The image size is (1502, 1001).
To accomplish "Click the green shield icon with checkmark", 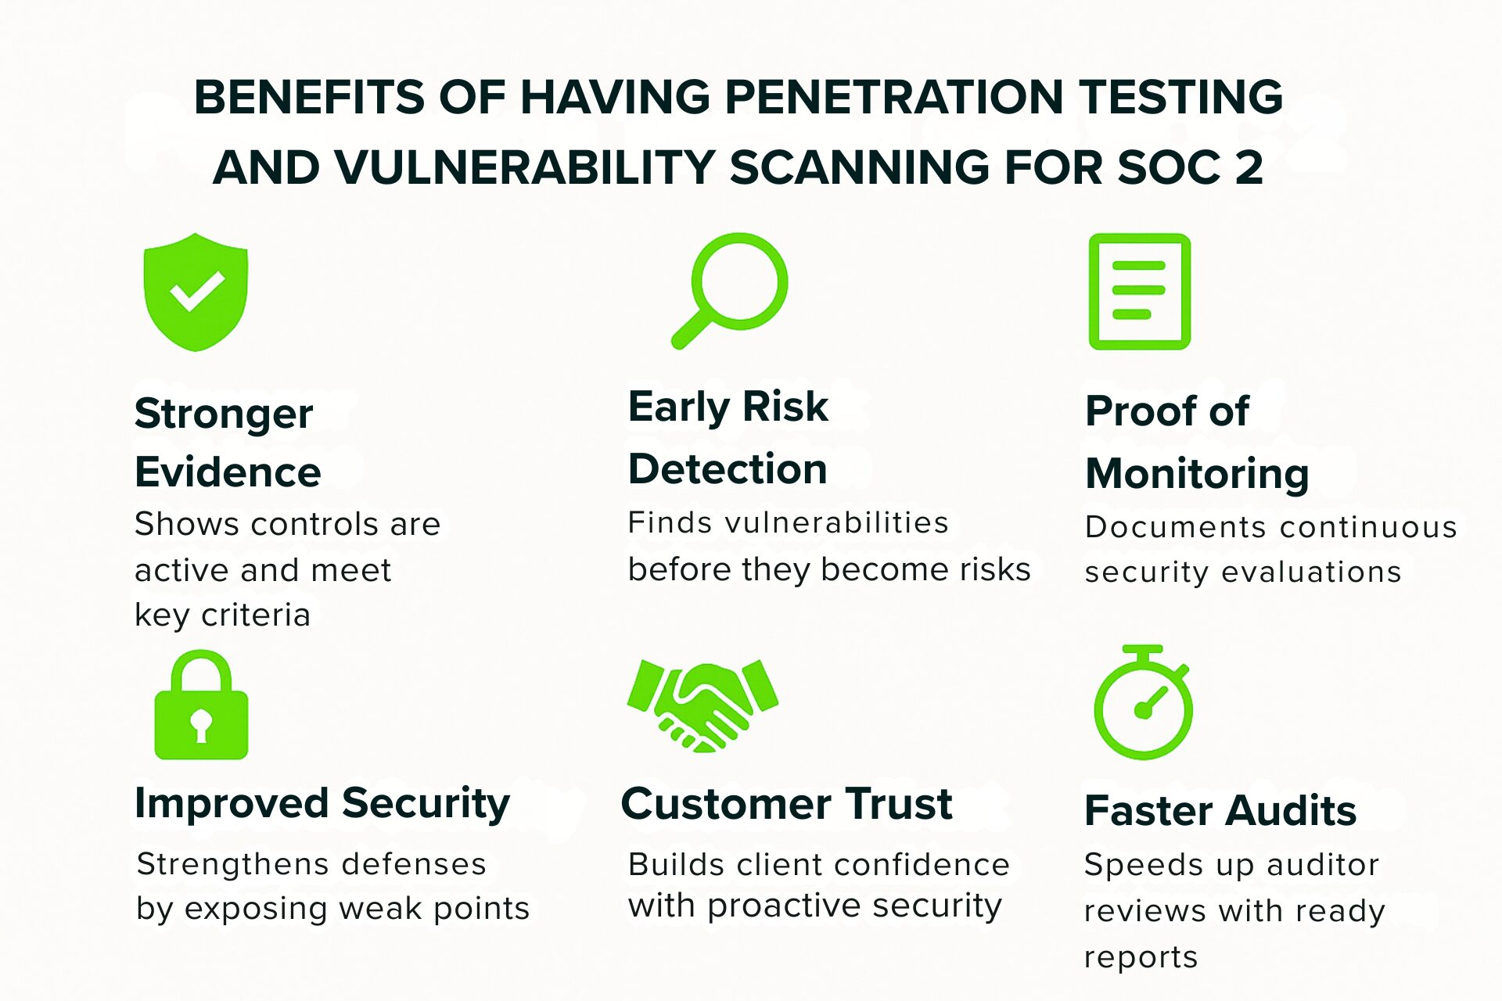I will tap(196, 291).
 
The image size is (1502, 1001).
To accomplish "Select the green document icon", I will tap(1139, 291).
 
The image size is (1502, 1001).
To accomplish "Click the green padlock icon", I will tap(201, 706).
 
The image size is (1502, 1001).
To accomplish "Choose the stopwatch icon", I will tap(1143, 704).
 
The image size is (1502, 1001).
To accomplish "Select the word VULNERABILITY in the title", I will tap(525, 167).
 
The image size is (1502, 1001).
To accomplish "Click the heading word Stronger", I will tap(224, 414).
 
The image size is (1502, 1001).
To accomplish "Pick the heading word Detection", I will tap(728, 469).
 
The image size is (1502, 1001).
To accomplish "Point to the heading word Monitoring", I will tap(1197, 474).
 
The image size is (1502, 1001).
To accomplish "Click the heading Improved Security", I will tap(322, 804).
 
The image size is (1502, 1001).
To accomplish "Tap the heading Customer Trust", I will tap(786, 804).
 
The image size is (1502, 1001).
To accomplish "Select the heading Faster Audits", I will tap(1220, 810).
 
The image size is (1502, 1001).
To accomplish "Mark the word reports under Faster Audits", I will tap(1141, 957).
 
